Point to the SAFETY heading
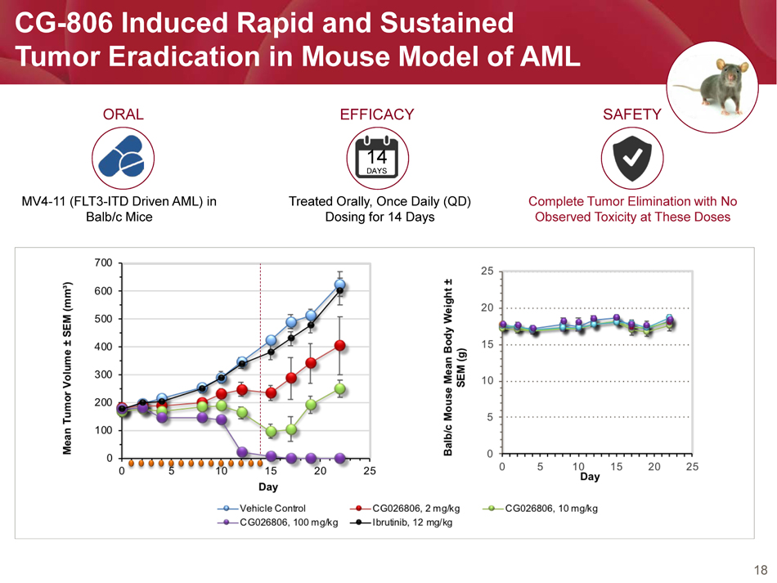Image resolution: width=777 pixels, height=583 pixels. pyautogui.click(x=631, y=114)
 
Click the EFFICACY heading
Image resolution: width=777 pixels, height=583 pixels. pyautogui.click(x=377, y=114)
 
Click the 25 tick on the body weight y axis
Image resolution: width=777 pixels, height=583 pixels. pyautogui.click(x=487, y=271)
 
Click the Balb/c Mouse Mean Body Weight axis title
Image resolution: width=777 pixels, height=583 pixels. pyautogui.click(x=456, y=368)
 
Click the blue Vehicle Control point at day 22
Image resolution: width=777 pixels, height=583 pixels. pyautogui.click(x=340, y=285)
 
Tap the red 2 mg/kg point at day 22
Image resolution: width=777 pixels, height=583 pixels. pyautogui.click(x=340, y=346)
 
